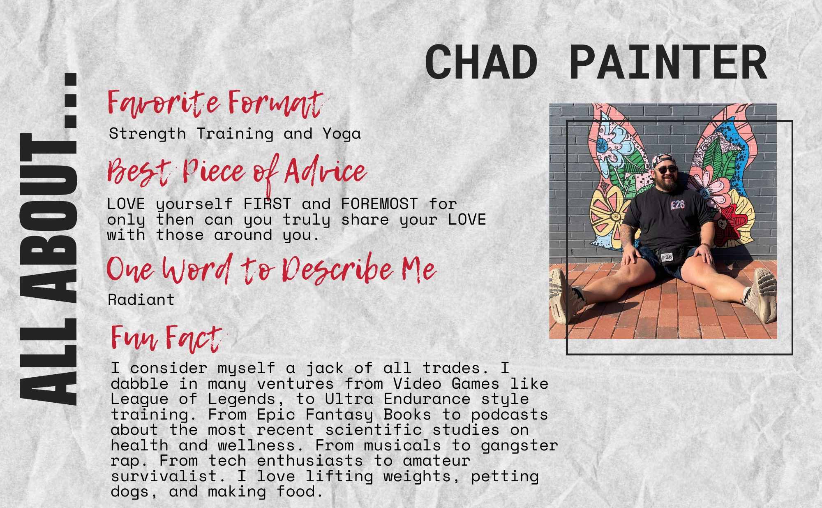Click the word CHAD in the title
click(481, 63)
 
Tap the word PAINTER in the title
click(668, 63)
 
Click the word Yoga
click(342, 134)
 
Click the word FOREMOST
click(379, 204)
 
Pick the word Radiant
click(141, 300)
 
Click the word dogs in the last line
click(134, 492)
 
